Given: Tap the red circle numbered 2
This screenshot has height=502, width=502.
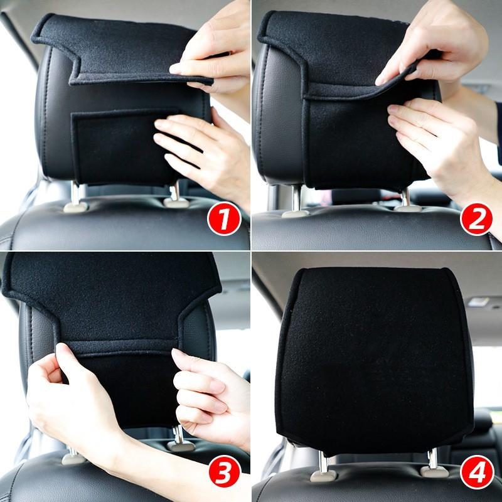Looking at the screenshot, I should click(476, 221).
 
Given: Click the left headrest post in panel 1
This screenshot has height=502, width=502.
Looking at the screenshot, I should click(75, 195).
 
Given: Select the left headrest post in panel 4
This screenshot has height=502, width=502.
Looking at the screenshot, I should click(323, 464).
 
